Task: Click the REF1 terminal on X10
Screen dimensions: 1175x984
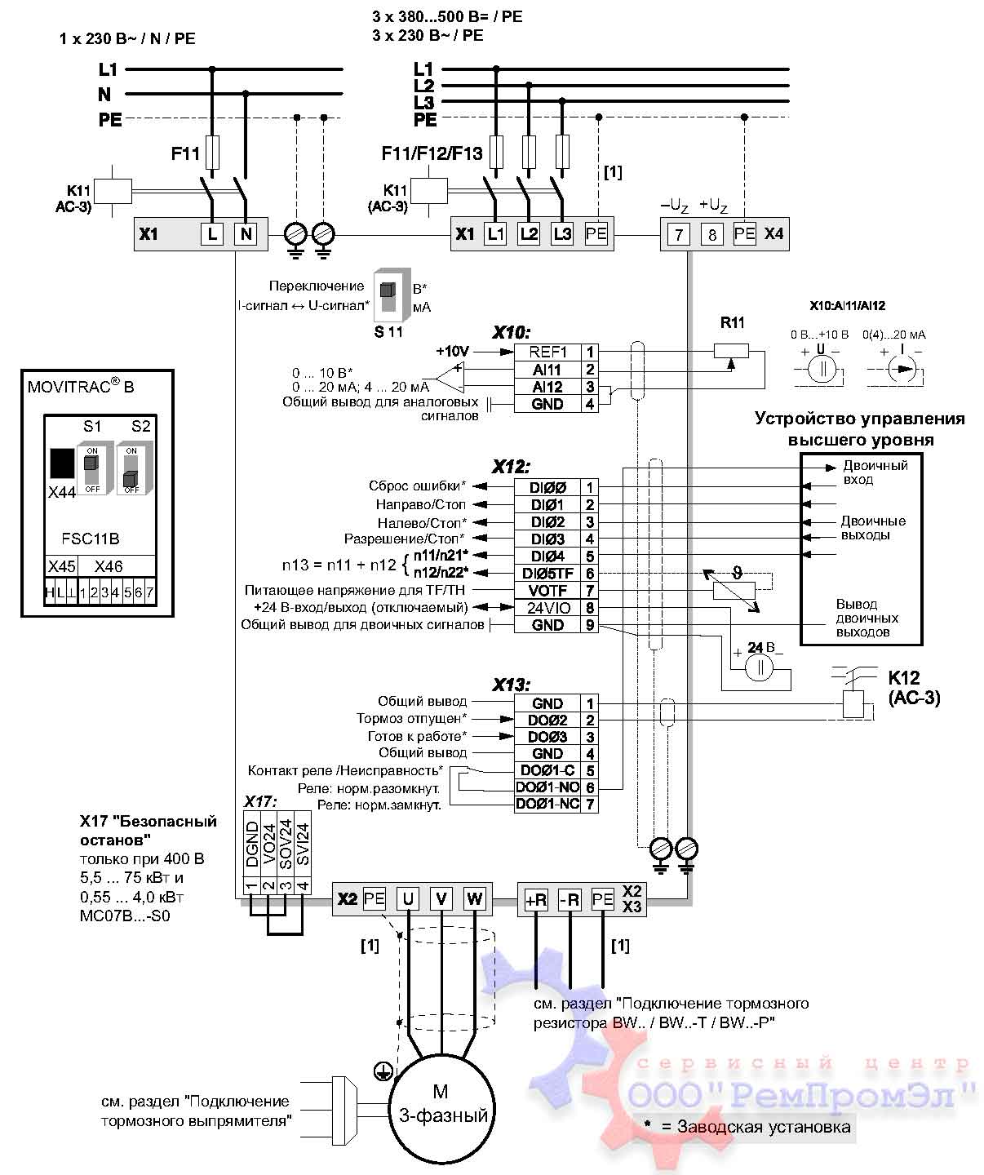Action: point(547,352)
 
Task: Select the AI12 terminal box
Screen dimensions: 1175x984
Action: point(547,387)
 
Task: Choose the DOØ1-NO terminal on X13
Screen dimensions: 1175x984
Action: point(547,787)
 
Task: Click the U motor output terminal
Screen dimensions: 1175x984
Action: point(407,899)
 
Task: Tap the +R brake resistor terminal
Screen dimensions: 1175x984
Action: point(535,900)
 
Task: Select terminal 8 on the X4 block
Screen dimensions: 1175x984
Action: point(711,235)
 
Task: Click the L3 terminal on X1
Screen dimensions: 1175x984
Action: point(561,234)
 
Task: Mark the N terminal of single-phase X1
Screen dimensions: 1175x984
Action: point(245,234)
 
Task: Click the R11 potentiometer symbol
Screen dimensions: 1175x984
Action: point(732,350)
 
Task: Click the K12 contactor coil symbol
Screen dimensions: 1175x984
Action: point(853,703)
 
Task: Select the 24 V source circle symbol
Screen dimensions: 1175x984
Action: point(760,667)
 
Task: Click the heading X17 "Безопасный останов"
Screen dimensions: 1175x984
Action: point(148,829)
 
